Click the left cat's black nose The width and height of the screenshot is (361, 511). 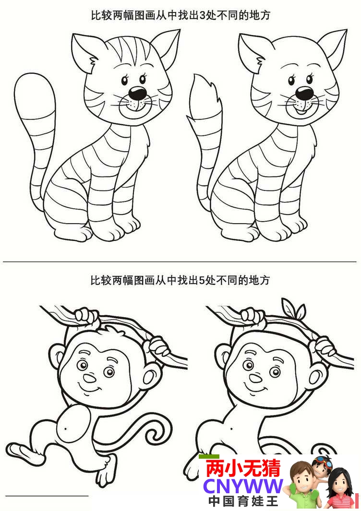pyautogui.click(x=138, y=93)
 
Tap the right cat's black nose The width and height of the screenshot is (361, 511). pyautogui.click(x=304, y=93)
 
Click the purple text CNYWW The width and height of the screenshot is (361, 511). pyautogui.click(x=243, y=486)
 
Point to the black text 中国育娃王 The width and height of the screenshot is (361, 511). pyautogui.click(x=243, y=501)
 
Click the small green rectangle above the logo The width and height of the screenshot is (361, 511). pyautogui.click(x=209, y=457)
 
